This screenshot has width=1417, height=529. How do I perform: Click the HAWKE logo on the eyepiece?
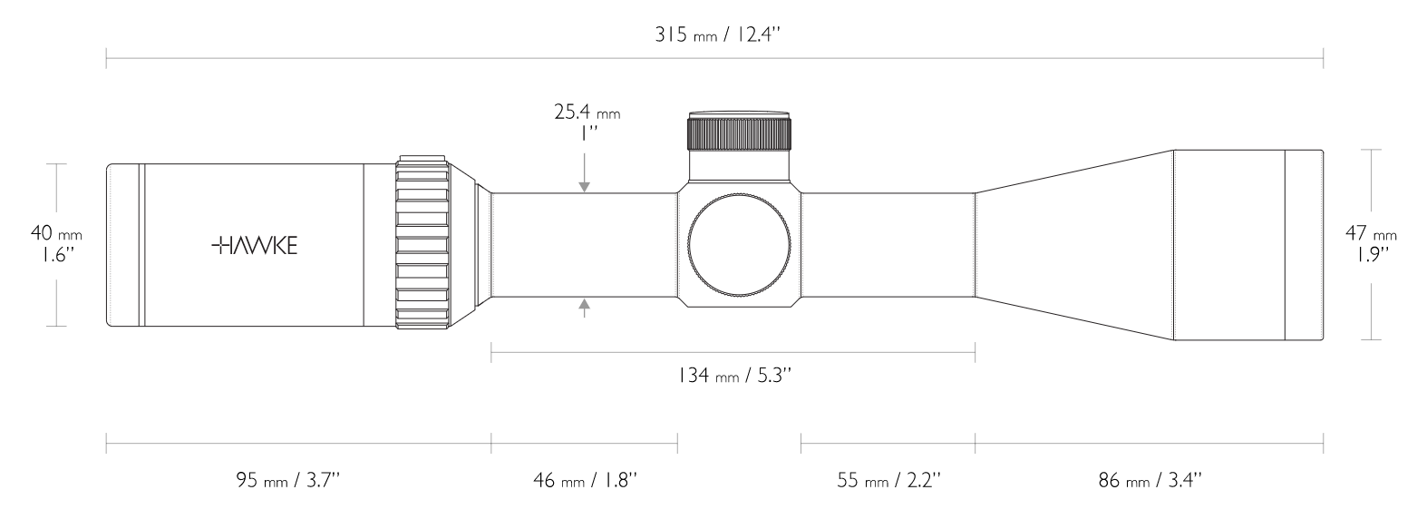pyautogui.click(x=255, y=246)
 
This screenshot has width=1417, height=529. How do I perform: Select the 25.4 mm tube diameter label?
pyautogui.click(x=587, y=113)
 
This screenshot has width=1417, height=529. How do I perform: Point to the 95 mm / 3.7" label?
pyautogui.click(x=288, y=480)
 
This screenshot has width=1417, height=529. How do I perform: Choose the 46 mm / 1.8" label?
pyautogui.click(x=585, y=480)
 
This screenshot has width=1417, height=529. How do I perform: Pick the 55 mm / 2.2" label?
pyautogui.click(x=889, y=480)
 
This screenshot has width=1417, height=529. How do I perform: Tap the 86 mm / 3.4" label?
pyautogui.click(x=1150, y=480)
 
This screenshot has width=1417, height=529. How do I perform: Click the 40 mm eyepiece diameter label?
pyautogui.click(x=56, y=233)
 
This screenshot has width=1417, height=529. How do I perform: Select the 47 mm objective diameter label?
pyautogui.click(x=1371, y=233)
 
